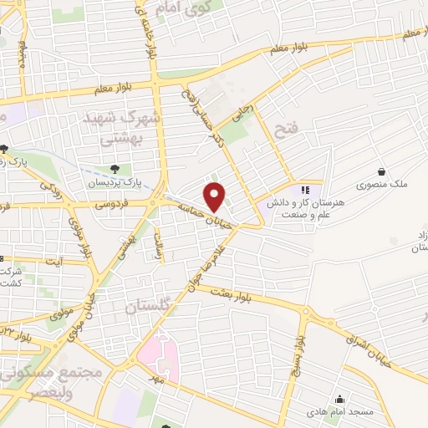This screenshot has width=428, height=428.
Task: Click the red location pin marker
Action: [216, 197]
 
